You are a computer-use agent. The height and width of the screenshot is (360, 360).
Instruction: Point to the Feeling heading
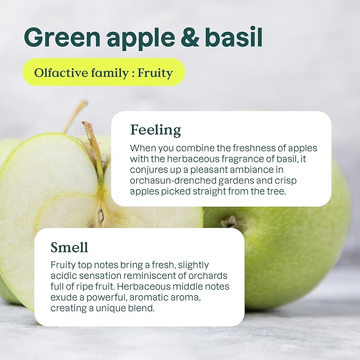[155, 129]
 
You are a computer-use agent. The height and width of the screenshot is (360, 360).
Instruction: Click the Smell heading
[69, 247]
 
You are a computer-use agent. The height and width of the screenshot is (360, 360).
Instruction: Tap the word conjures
[148, 170]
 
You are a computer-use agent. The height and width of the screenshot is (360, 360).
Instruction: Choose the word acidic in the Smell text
[64, 276]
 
